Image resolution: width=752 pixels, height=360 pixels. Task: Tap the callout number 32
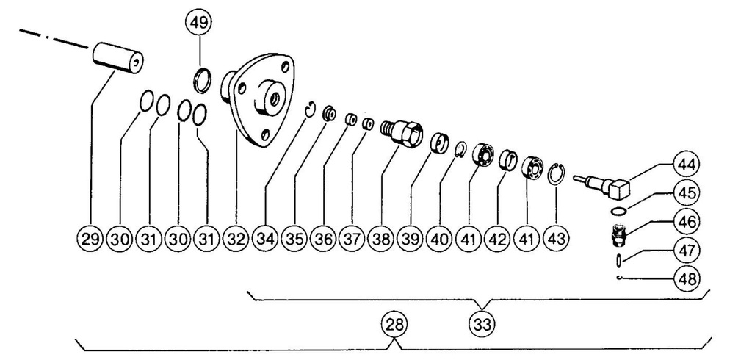click(236, 239)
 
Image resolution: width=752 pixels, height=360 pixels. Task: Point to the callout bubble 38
click(382, 239)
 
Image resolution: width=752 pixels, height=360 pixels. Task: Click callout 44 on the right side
click(687, 165)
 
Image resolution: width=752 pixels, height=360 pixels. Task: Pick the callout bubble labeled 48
click(687, 278)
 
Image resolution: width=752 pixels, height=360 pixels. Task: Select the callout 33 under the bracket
click(482, 325)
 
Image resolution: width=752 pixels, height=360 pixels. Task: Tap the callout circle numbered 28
click(394, 325)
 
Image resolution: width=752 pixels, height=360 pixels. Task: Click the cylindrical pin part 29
click(118, 58)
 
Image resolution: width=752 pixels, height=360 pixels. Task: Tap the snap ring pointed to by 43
click(557, 173)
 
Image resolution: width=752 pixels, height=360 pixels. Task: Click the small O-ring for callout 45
click(619, 210)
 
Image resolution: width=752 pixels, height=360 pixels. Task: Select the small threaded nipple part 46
click(618, 234)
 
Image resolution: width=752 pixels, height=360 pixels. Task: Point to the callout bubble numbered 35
click(294, 239)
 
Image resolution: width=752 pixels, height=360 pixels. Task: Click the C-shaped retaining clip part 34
click(311, 109)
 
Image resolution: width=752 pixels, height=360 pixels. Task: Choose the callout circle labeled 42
click(497, 239)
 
